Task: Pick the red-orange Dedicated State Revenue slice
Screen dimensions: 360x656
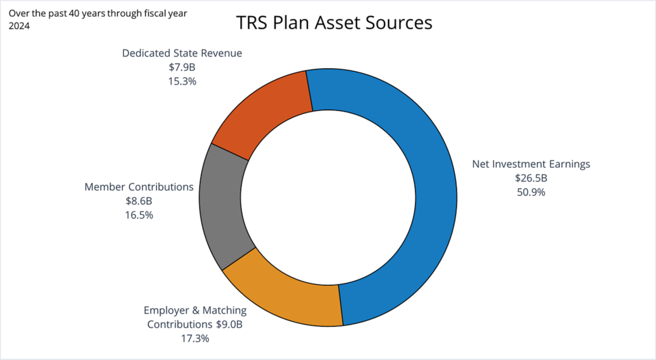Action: coord(266,113)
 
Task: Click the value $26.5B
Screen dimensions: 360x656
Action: coord(530,178)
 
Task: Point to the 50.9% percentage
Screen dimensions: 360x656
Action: coord(530,193)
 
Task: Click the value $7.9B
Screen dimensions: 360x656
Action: coord(182,67)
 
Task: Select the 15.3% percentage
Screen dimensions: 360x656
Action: coord(182,81)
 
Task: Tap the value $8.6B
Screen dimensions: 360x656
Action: coord(139,201)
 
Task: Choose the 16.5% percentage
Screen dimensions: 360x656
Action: coord(139,215)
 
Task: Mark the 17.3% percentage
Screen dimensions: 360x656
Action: coord(195,338)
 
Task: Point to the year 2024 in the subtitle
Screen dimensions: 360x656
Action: coord(19,25)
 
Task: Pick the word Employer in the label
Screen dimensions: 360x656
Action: coord(166,311)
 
